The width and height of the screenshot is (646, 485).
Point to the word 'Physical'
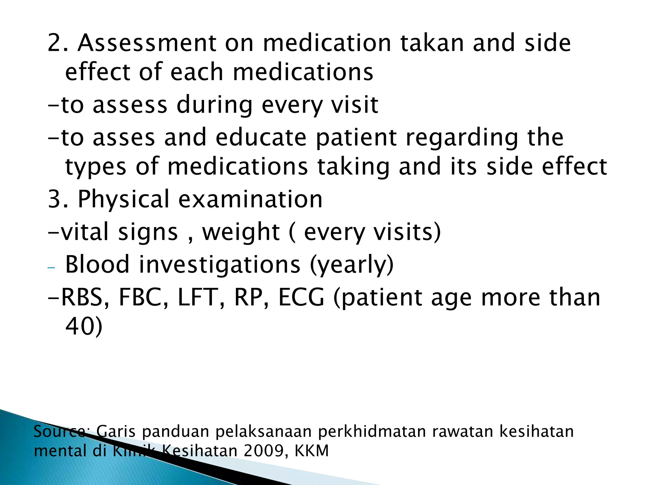(124, 199)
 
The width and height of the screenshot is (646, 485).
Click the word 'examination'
(250, 199)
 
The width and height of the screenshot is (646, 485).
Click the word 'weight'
(241, 232)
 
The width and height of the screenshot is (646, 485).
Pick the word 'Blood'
(97, 264)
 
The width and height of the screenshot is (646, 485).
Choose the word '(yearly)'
(352, 264)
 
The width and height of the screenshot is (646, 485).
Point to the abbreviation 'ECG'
(301, 297)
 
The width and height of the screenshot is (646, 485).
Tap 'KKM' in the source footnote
(311, 451)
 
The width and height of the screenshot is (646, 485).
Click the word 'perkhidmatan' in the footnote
(372, 432)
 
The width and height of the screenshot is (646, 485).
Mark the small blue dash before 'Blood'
(51, 268)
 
